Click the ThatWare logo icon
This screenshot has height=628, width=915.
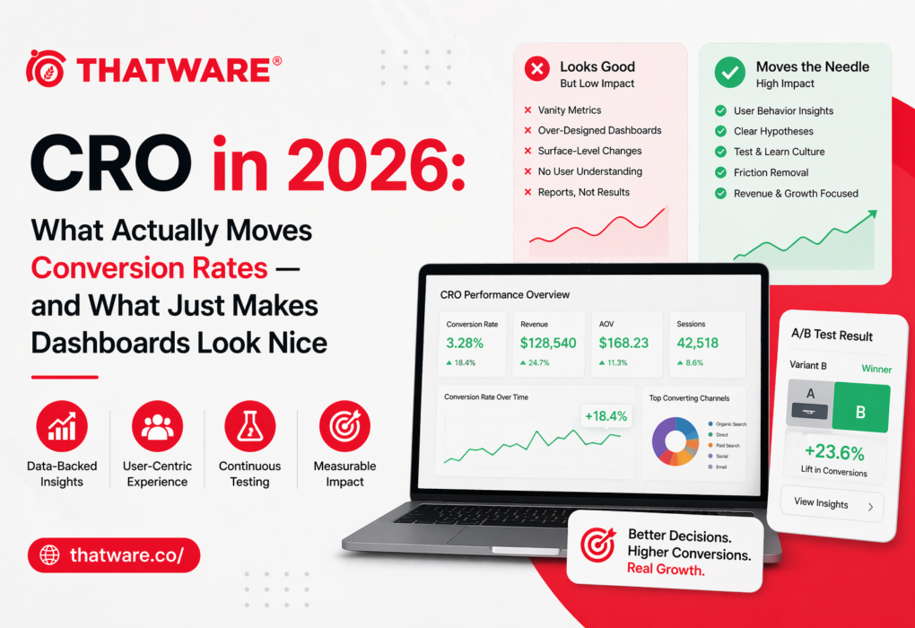tap(46, 68)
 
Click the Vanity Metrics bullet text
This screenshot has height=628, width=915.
tap(569, 110)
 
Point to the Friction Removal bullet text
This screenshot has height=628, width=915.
tap(771, 172)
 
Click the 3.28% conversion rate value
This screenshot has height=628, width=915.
tap(465, 343)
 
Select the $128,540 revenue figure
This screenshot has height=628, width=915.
tap(548, 343)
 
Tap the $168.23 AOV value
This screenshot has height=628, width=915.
tap(623, 343)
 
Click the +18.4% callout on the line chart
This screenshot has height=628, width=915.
tap(606, 416)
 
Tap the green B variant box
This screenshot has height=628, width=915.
tap(860, 407)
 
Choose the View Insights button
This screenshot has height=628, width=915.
tap(832, 504)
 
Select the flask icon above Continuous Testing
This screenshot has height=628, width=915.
tap(250, 426)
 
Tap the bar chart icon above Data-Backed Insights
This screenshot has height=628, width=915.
tap(62, 426)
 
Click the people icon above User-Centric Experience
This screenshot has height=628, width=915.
tap(157, 426)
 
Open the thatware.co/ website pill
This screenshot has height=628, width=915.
tap(114, 555)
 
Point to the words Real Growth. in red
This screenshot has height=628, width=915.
tap(666, 570)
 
